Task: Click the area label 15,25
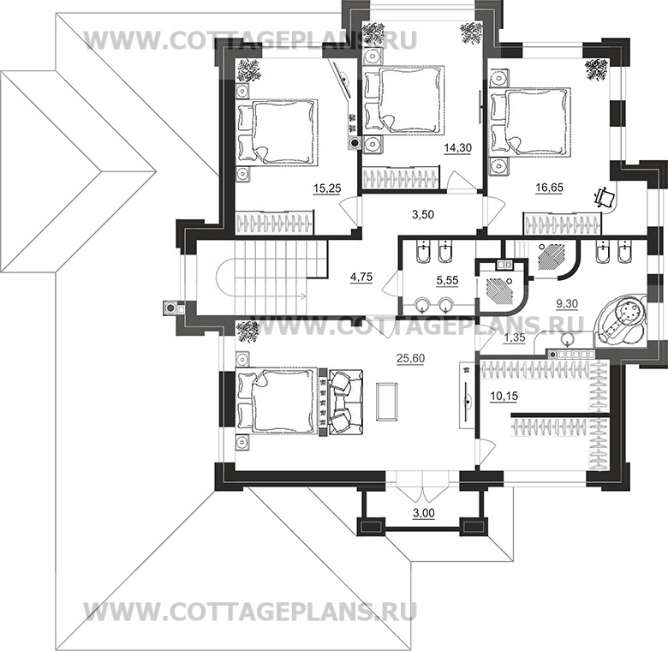[327, 188]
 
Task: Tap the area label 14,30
[457, 148]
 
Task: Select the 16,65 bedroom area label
[550, 188]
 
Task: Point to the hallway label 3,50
[422, 214]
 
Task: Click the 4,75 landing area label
[361, 277]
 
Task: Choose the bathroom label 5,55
[447, 280]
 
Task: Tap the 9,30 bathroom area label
[567, 304]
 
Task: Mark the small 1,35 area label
[514, 337]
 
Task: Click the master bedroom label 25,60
[411, 358]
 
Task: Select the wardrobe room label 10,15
[504, 397]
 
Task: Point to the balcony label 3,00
[424, 513]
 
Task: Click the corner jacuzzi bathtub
[620, 319]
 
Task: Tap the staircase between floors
[271, 276]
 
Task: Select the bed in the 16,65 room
[530, 122]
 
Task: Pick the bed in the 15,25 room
[277, 131]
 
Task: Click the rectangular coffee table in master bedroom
[387, 402]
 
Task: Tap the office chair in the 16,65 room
[605, 196]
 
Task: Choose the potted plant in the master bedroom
[248, 331]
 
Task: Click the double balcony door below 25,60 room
[422, 486]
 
